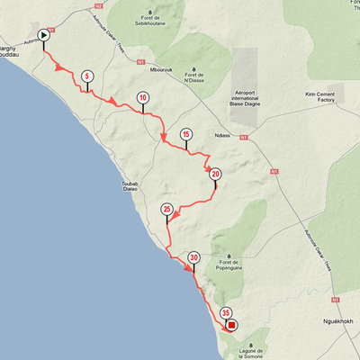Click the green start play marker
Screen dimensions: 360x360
click(42, 36)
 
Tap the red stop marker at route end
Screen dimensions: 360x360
click(230, 325)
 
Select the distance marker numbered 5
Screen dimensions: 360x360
click(86, 76)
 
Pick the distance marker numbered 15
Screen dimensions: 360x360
click(186, 134)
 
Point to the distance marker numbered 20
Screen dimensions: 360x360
click(215, 175)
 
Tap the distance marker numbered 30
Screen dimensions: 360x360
click(193, 257)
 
